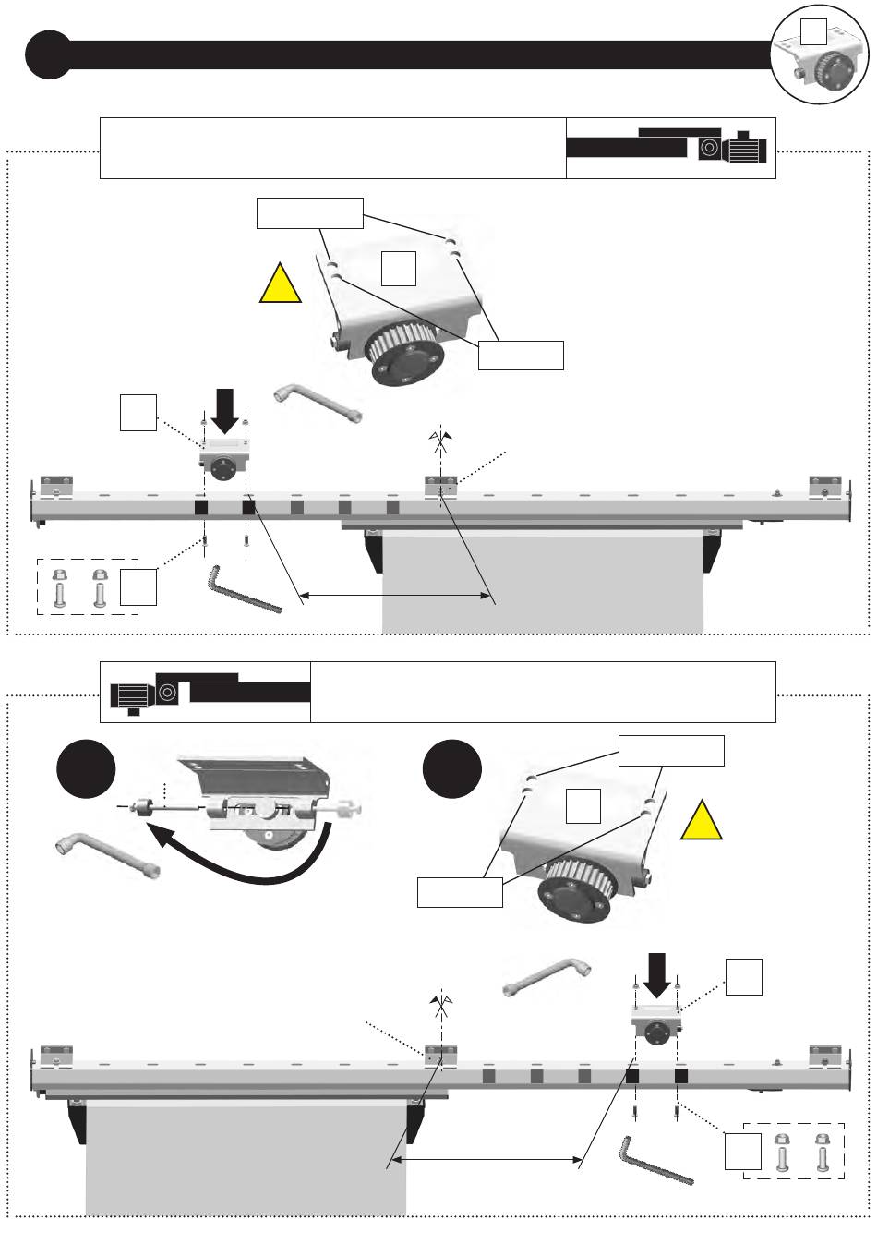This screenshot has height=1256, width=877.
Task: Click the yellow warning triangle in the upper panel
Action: [281, 285]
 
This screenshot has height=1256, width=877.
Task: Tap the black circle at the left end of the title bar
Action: [47, 54]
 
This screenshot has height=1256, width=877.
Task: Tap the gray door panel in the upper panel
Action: [543, 582]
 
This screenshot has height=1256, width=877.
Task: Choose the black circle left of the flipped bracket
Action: [86, 772]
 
